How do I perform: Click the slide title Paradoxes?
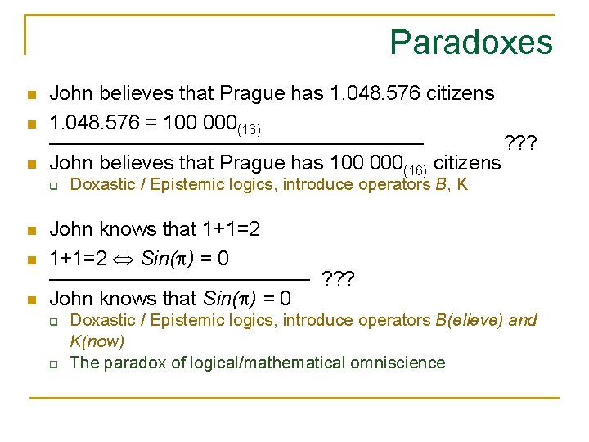(x=471, y=42)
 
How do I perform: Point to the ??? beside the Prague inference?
(x=521, y=144)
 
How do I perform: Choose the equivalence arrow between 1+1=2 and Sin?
(x=125, y=260)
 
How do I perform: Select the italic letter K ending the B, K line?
(x=462, y=185)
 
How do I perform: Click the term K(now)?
(x=97, y=340)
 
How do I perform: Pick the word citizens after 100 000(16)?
(x=467, y=163)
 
